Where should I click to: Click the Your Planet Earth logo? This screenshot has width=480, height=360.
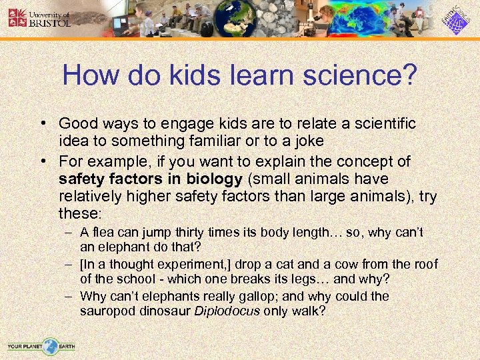(41, 346)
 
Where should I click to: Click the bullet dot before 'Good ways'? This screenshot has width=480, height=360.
(43, 124)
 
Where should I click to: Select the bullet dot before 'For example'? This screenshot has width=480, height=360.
(43, 161)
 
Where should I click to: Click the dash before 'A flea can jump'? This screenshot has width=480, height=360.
(69, 233)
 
